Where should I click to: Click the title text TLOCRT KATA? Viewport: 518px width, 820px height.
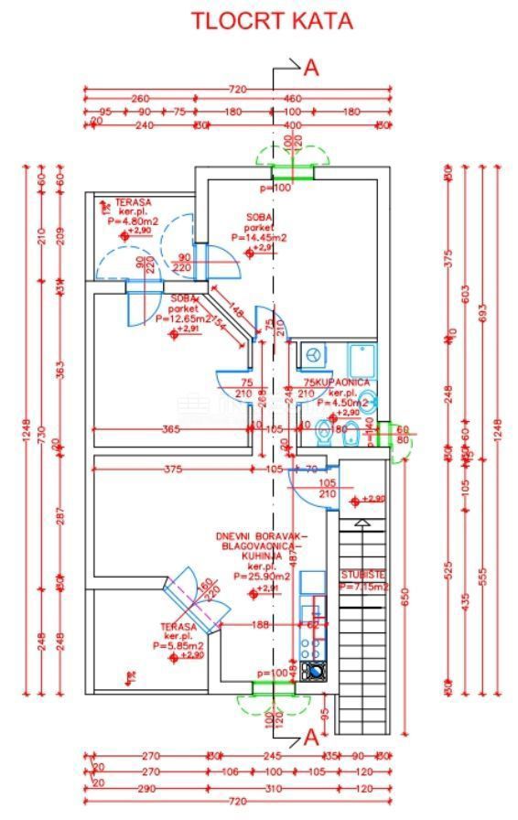tap(271, 21)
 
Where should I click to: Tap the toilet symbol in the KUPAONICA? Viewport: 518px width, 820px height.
tap(323, 430)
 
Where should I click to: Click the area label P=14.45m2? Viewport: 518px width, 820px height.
tap(258, 237)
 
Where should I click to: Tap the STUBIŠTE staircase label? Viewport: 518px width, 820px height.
tap(363, 576)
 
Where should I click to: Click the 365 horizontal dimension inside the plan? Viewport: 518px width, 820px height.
tap(170, 428)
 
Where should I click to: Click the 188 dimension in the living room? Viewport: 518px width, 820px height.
tap(260, 625)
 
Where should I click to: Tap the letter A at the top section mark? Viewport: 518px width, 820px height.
tap(311, 66)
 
